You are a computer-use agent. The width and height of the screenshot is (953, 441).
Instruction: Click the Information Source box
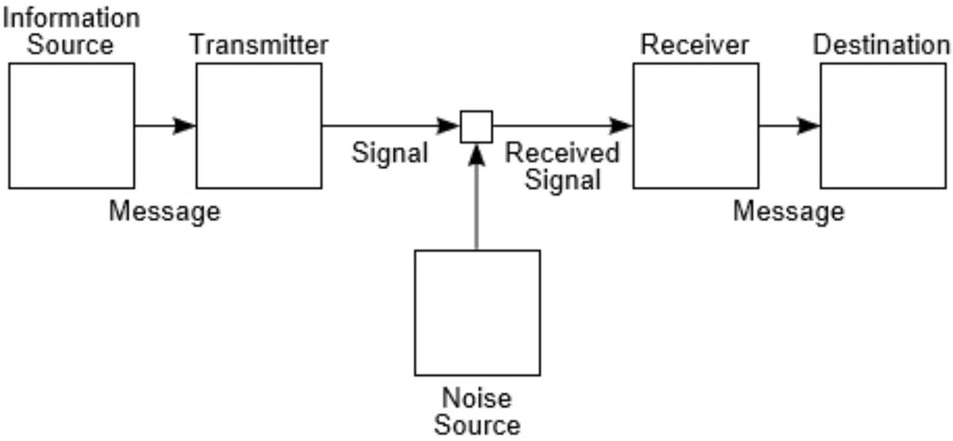71,126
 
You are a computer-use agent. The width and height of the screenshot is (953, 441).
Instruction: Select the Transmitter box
259,126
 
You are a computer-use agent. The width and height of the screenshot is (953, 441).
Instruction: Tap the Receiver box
695,126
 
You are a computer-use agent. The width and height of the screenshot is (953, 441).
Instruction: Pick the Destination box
883,126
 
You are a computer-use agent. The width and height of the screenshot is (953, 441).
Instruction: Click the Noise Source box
477,312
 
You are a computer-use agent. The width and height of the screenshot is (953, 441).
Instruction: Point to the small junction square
476,126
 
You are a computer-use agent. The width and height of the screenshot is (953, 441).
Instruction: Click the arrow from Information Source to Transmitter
165,126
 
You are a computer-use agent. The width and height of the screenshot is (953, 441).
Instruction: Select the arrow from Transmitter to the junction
389,126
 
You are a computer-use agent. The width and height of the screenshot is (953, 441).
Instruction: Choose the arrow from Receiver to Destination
789,126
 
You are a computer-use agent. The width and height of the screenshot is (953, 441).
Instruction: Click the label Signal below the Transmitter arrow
389,153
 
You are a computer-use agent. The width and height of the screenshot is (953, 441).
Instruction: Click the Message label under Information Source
164,212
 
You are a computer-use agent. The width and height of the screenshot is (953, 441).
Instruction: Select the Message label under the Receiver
789,212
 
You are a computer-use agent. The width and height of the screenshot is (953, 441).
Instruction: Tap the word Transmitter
258,45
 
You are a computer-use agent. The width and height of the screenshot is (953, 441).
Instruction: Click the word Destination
882,45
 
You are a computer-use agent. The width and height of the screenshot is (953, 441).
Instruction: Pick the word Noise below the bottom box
476,397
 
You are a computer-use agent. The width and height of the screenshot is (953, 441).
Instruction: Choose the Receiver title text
694,45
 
